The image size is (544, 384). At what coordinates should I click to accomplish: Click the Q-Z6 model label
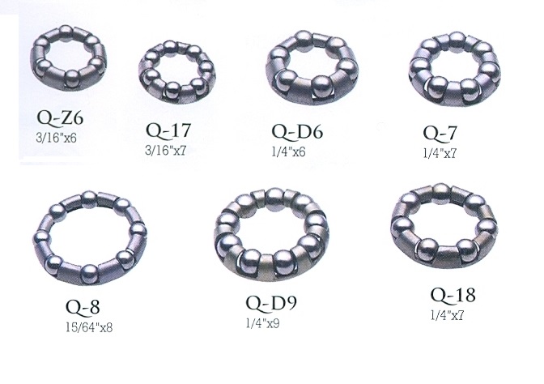tap(60, 118)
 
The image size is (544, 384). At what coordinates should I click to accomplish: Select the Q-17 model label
tap(168, 130)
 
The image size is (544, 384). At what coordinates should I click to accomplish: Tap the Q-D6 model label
tap(297, 132)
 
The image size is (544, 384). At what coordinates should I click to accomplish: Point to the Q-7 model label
tap(440, 134)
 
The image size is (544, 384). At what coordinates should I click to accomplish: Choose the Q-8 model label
tap(83, 307)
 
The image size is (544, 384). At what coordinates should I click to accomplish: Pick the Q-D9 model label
tap(272, 303)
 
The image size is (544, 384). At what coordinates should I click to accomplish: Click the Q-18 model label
tap(453, 295)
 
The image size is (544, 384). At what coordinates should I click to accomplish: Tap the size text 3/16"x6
tap(56, 139)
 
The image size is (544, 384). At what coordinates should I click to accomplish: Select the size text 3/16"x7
tap(165, 151)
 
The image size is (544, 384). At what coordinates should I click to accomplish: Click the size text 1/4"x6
tap(288, 152)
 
